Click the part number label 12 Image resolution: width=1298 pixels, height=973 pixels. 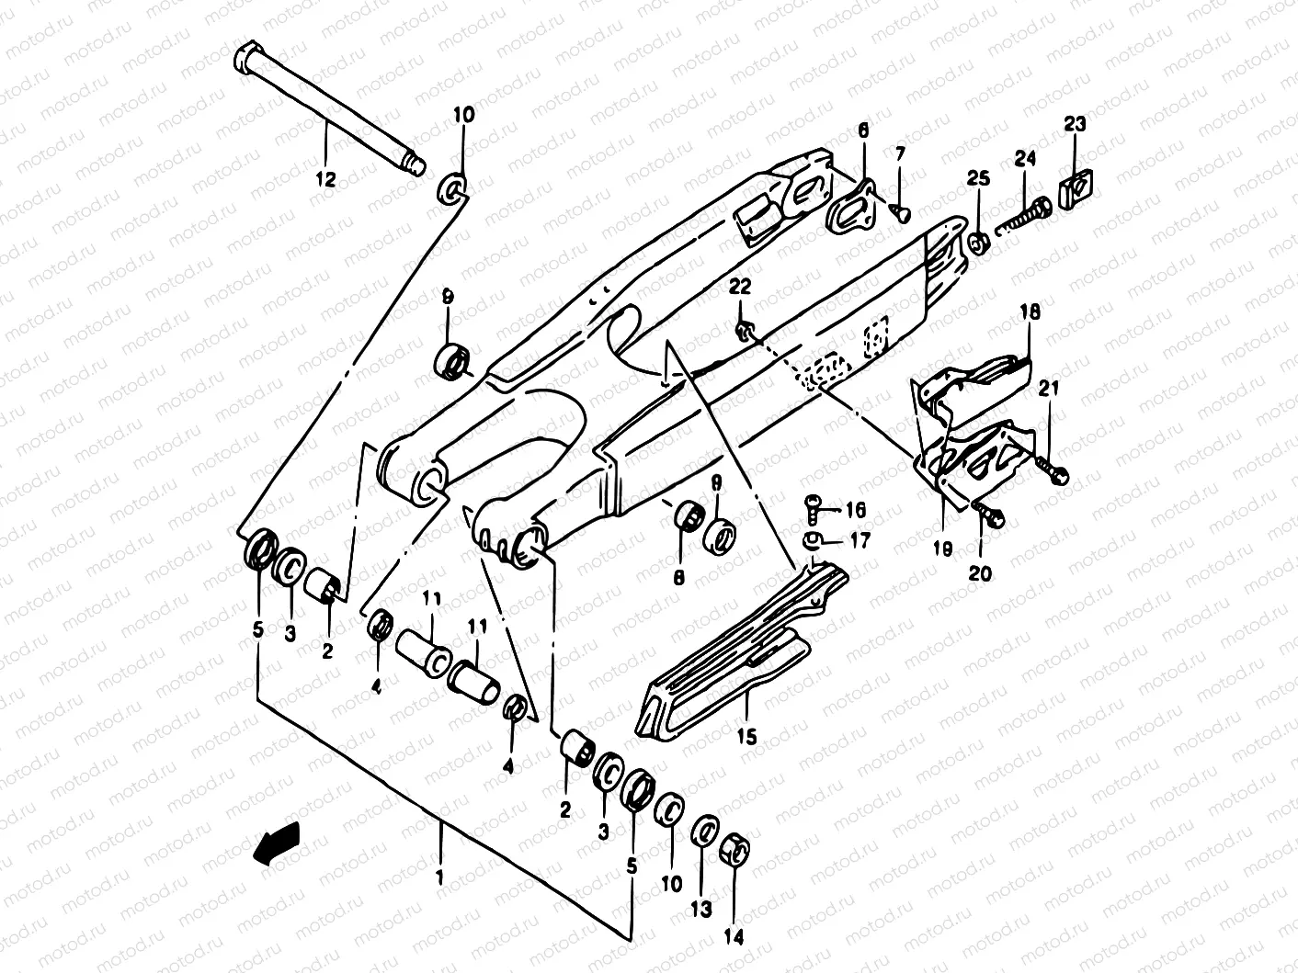point(325,178)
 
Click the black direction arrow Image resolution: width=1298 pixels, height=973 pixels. point(277,843)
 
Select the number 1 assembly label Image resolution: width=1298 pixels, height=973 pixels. point(439,877)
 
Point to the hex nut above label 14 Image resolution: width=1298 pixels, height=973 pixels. point(736,851)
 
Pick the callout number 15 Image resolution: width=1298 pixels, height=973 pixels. point(746,736)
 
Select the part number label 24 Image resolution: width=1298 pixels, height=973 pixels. point(1025,159)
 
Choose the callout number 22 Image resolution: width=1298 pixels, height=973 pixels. point(740,287)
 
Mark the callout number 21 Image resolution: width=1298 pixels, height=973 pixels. point(1049,389)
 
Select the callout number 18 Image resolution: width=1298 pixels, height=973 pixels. point(1029,312)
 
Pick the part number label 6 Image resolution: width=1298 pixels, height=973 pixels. point(862,132)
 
